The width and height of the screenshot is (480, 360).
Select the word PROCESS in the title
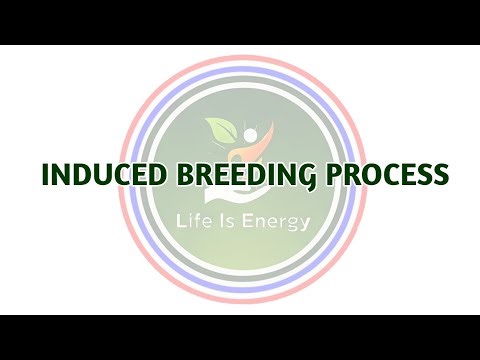(385, 176)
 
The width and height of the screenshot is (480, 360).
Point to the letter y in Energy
(303, 224)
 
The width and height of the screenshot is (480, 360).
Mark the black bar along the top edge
(240, 20)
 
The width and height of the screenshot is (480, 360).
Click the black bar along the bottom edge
(240, 338)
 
